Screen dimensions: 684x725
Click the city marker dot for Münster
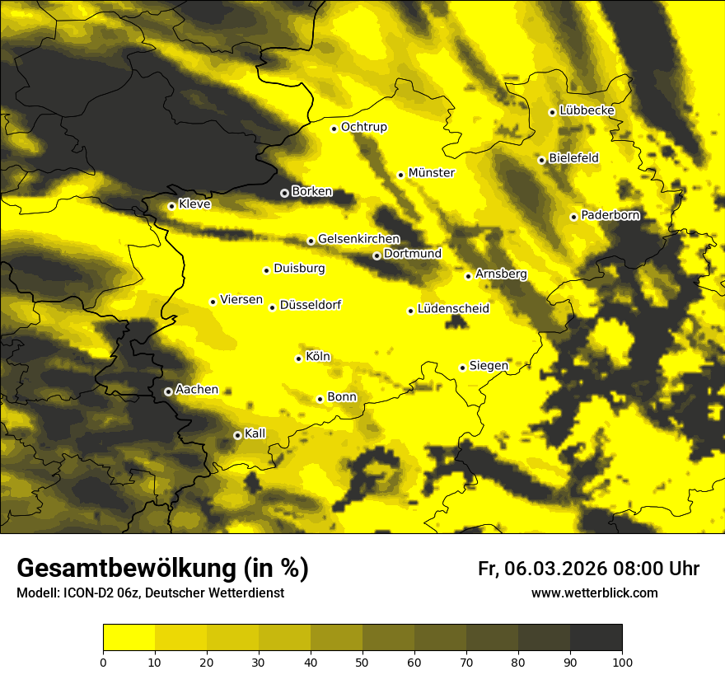click(401, 175)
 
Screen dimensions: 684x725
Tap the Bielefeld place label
click(573, 158)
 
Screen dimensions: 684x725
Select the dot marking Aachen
click(168, 391)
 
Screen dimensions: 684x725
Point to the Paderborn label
click(610, 216)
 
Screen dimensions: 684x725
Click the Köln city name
click(318, 358)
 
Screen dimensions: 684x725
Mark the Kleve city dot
click(171, 206)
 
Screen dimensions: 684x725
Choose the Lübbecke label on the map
click(587, 111)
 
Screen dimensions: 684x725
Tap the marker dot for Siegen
click(463, 368)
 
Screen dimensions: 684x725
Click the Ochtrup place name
click(364, 128)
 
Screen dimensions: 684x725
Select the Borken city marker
click(284, 193)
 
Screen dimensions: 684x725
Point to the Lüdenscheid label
click(453, 310)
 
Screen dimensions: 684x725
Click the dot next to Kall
click(237, 435)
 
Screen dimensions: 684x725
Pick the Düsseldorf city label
click(311, 306)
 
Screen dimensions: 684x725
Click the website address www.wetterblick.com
click(595, 593)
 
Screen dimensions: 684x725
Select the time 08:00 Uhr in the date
click(657, 569)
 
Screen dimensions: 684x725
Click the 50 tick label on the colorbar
click(362, 662)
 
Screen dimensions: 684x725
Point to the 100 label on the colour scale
click(622, 662)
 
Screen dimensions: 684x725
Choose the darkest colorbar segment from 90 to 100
click(596, 638)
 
